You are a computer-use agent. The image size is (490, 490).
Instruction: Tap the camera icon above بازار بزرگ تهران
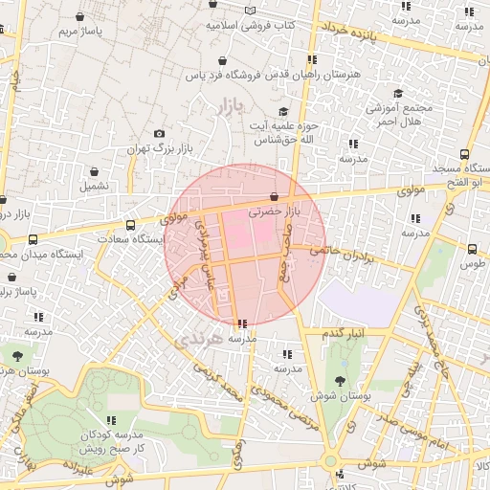click(159, 134)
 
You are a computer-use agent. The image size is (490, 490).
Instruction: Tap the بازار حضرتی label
click(275, 211)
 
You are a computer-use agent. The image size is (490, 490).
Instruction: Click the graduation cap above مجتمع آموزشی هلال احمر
click(399, 93)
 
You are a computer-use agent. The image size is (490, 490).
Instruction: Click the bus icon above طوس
click(472, 248)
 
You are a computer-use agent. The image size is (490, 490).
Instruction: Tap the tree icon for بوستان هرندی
click(18, 355)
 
